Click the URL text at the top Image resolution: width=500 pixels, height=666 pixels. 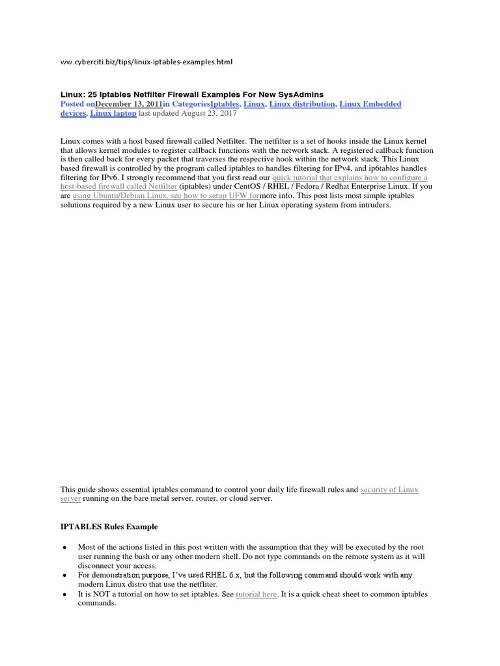(x=146, y=62)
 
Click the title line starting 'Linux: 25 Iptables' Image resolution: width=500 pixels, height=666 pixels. (x=192, y=94)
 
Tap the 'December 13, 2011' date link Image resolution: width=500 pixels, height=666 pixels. (x=128, y=104)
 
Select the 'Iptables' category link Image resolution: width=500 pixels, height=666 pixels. (x=225, y=104)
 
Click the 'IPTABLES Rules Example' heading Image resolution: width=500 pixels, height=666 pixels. (x=109, y=526)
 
